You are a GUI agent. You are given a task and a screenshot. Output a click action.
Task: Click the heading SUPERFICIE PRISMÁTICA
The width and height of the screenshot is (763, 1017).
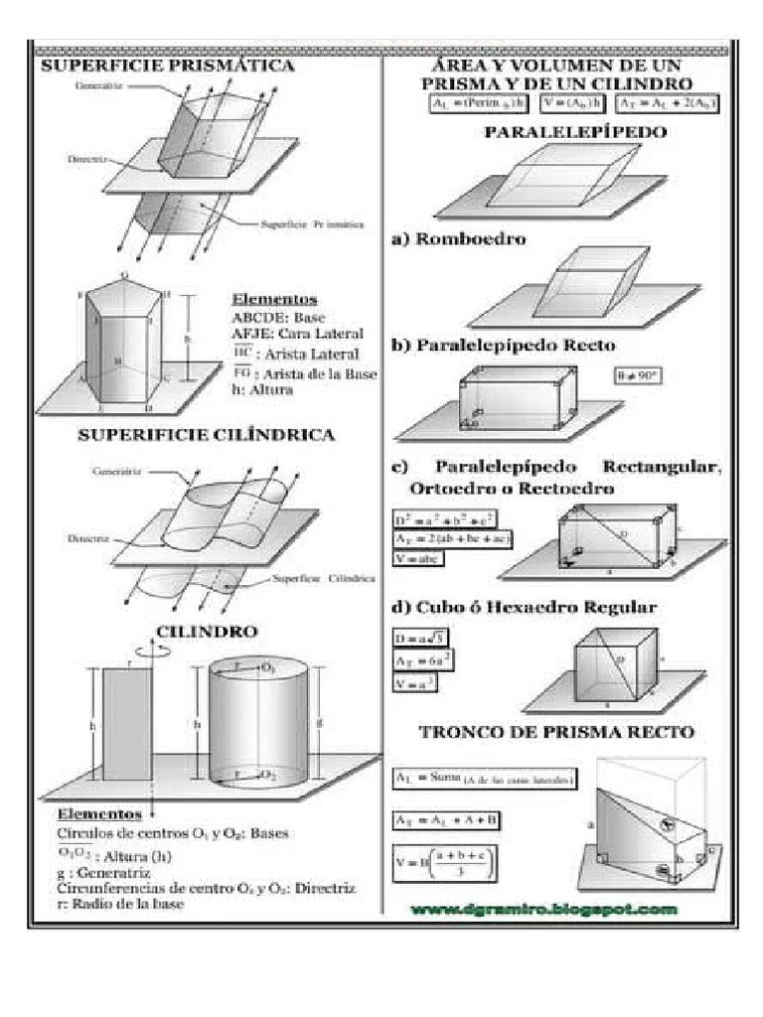[x=166, y=67]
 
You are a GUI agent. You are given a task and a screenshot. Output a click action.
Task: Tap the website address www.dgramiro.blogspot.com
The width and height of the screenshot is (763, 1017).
[x=544, y=909]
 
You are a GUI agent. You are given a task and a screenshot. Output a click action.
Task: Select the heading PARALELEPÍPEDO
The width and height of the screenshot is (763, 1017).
[x=561, y=131]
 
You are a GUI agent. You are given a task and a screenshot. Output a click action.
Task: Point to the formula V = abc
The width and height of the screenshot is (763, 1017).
[x=418, y=558]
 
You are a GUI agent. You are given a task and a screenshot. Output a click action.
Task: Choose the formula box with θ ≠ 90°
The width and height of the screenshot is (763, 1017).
[x=637, y=377]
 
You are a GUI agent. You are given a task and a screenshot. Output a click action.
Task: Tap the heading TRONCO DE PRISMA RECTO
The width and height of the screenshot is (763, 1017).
[x=556, y=732]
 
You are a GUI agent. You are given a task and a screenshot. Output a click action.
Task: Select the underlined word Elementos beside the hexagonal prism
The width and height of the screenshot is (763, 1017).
[x=274, y=299]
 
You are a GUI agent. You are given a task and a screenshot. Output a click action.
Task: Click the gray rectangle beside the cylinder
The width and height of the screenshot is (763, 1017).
[x=127, y=724]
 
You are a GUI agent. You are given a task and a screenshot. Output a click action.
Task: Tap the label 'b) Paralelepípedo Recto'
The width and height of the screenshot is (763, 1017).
[x=517, y=346]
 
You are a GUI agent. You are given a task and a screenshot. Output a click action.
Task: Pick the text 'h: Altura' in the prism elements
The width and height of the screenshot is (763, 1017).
[x=263, y=389]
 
